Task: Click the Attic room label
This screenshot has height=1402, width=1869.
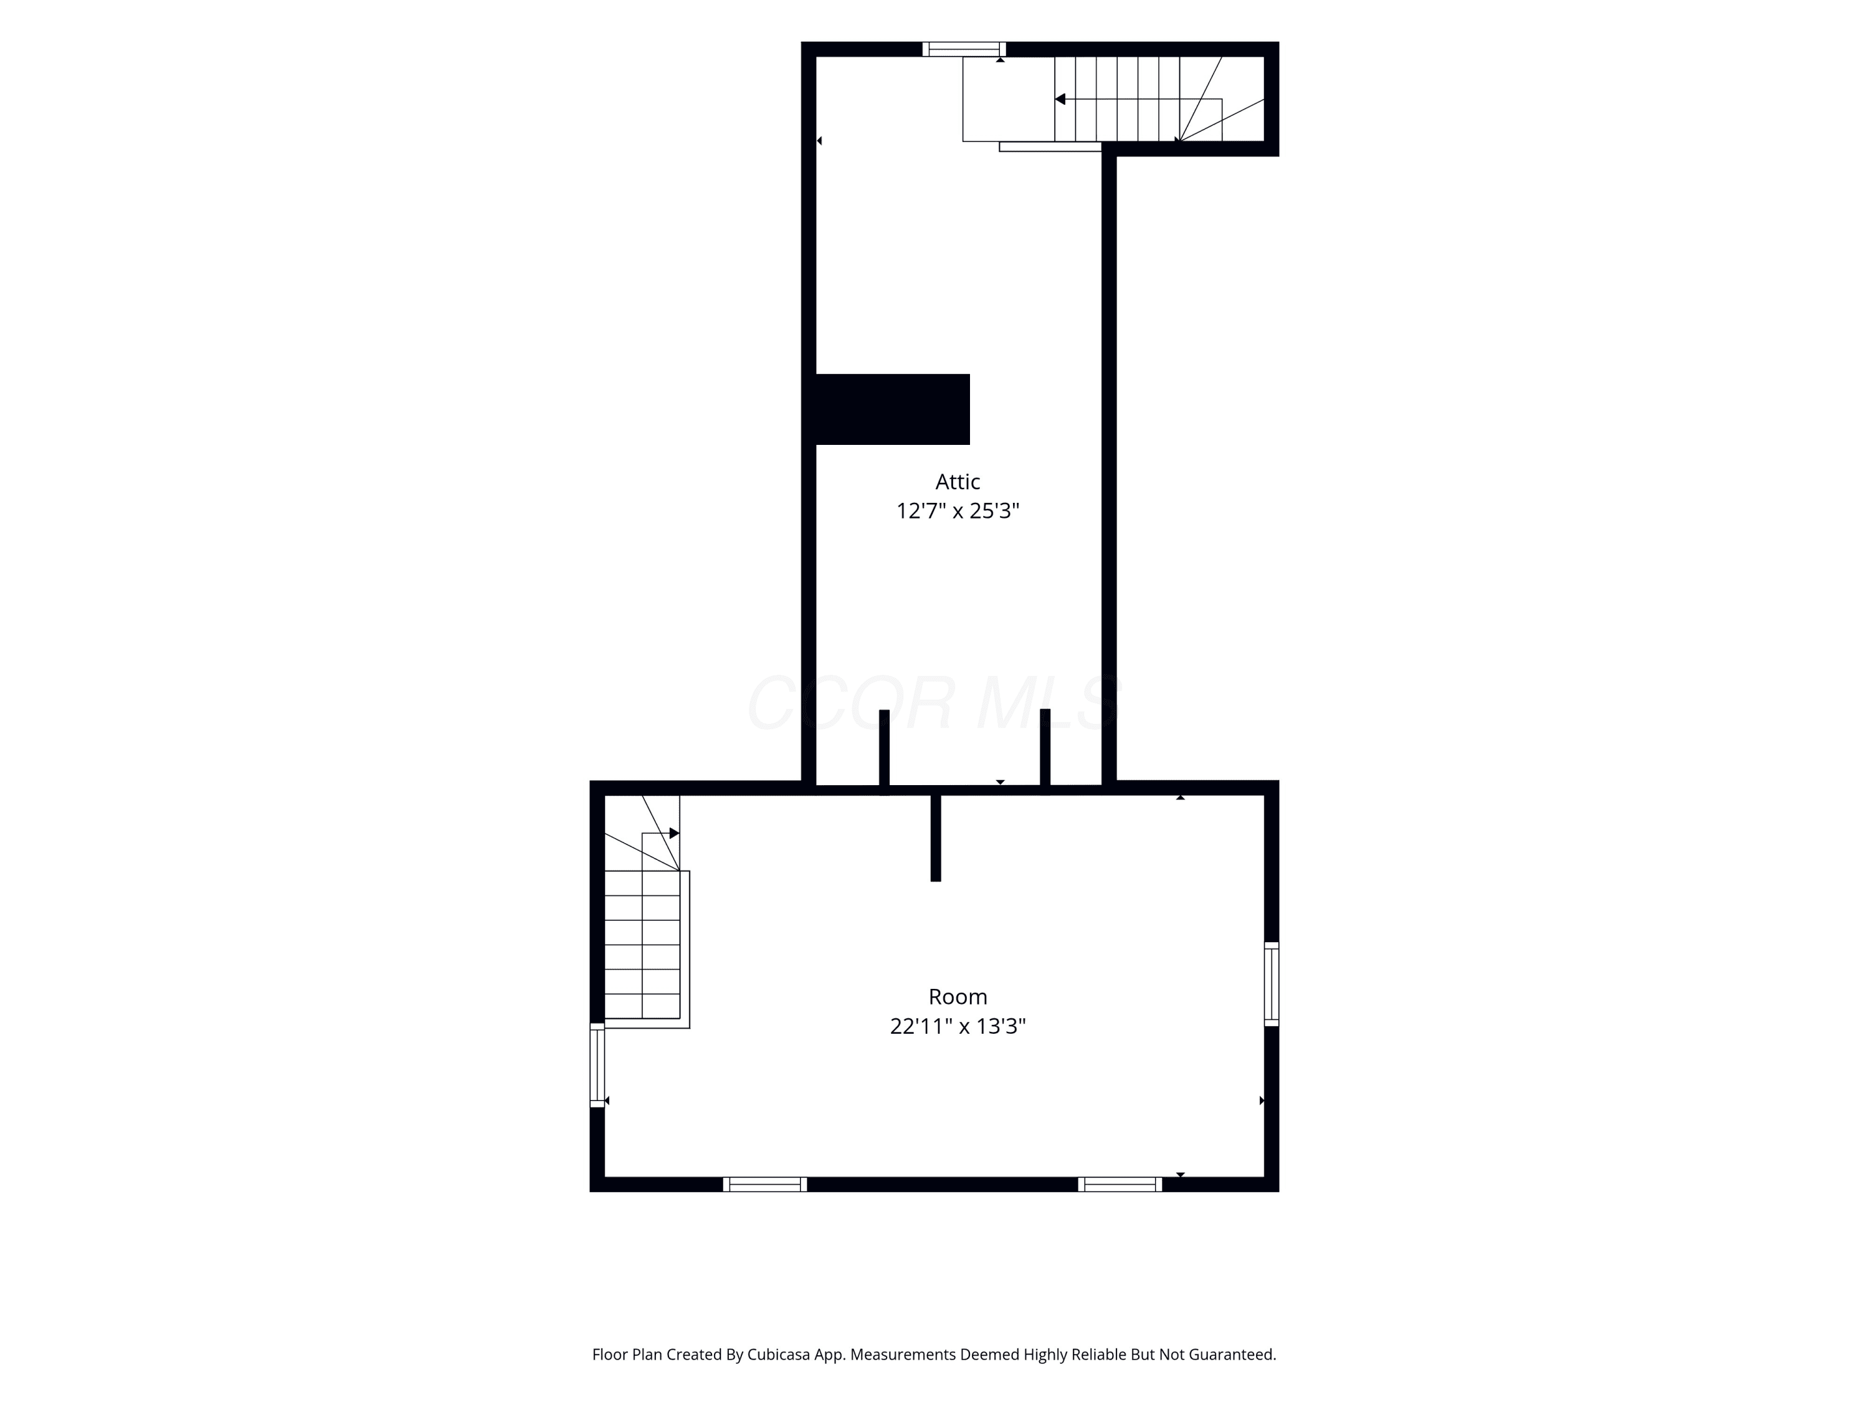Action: [958, 482]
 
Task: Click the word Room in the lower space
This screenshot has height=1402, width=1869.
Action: [958, 997]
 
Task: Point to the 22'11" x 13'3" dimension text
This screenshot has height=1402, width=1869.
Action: [958, 1026]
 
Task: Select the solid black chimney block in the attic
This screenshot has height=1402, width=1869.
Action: [892, 409]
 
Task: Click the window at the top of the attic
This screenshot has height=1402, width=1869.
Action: [964, 49]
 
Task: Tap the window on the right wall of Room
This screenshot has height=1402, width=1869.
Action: [1272, 984]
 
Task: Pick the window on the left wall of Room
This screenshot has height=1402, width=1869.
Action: [597, 1065]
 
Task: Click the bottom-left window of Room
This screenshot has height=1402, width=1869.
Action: [764, 1184]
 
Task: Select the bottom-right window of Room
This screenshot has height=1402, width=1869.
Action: [1120, 1184]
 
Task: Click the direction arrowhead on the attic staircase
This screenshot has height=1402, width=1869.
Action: [1060, 99]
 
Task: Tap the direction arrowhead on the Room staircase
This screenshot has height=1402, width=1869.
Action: [674, 833]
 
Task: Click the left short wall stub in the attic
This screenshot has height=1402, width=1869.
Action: [885, 752]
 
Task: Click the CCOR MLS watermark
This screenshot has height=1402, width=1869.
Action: [934, 702]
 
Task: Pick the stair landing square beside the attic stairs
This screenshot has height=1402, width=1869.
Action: [1009, 99]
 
